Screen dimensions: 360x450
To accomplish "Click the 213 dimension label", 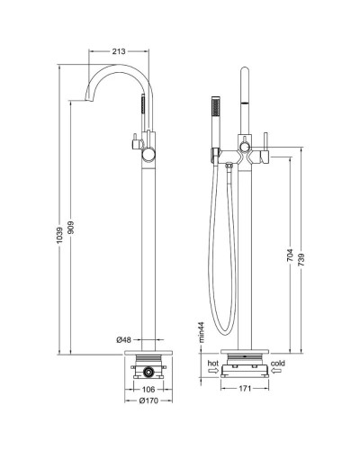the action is (x=119, y=51).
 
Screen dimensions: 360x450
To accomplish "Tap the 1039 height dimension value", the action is (x=59, y=235).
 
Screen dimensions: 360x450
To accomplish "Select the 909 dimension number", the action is (x=71, y=228).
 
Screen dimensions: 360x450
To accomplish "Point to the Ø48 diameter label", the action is (x=124, y=340).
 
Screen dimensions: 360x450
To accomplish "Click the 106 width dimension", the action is (x=148, y=390).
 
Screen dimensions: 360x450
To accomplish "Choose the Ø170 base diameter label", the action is (x=148, y=400).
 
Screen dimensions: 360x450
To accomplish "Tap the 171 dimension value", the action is (x=245, y=389).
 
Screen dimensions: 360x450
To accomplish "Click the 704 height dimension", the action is (x=291, y=256).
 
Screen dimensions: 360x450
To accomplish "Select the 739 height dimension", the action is (x=301, y=259).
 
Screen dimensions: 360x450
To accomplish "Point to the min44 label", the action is (x=201, y=332).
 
